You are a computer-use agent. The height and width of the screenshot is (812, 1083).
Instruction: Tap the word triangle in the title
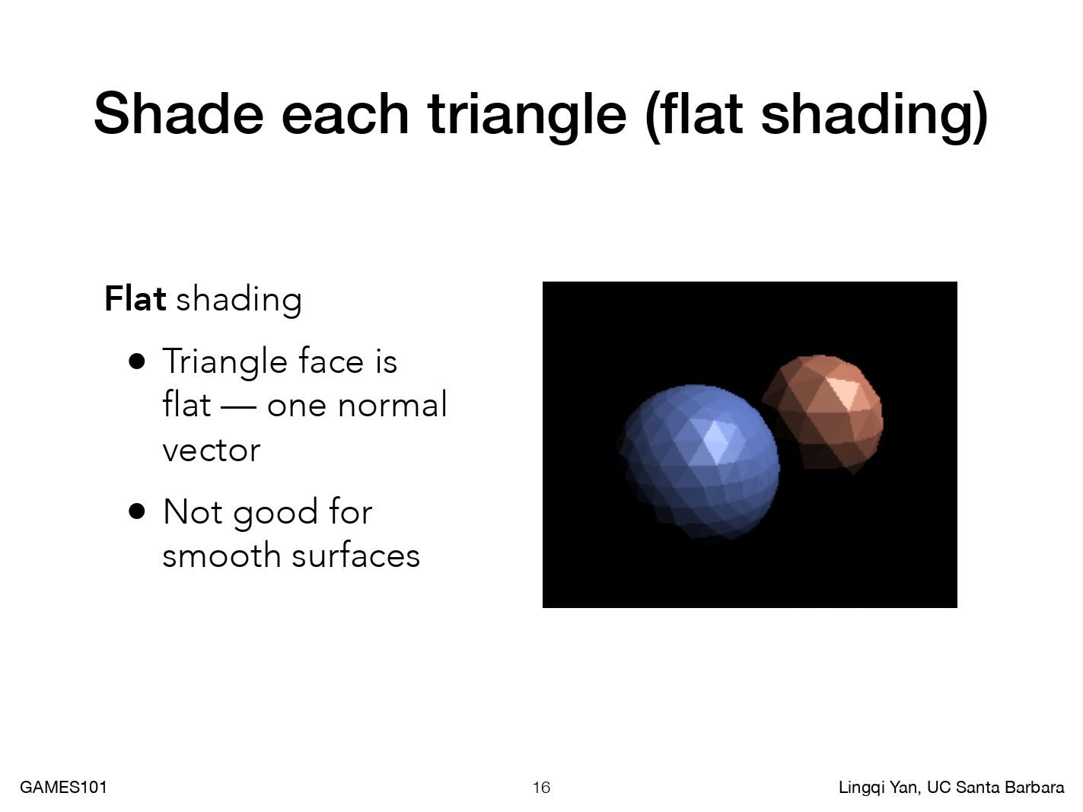(x=527, y=117)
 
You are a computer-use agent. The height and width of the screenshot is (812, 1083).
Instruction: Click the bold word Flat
(x=135, y=298)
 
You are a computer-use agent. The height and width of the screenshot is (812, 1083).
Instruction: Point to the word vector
(x=211, y=450)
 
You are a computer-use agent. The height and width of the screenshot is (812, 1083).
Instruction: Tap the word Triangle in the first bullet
(x=225, y=362)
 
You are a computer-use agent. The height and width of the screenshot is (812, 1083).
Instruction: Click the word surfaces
(x=355, y=555)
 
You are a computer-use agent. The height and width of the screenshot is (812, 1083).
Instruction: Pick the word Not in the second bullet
(x=193, y=511)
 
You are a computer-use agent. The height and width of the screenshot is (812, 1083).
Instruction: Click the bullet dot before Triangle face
(x=137, y=361)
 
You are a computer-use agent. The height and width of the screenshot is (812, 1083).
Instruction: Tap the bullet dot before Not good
(x=137, y=511)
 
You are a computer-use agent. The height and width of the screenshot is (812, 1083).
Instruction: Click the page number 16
(x=541, y=787)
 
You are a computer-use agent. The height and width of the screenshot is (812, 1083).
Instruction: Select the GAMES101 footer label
(x=64, y=787)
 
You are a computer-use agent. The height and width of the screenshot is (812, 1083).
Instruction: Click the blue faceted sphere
(x=699, y=462)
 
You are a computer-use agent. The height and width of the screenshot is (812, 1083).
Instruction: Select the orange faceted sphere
(x=823, y=413)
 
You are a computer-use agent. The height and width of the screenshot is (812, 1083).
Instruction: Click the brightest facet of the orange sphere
(x=842, y=391)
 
